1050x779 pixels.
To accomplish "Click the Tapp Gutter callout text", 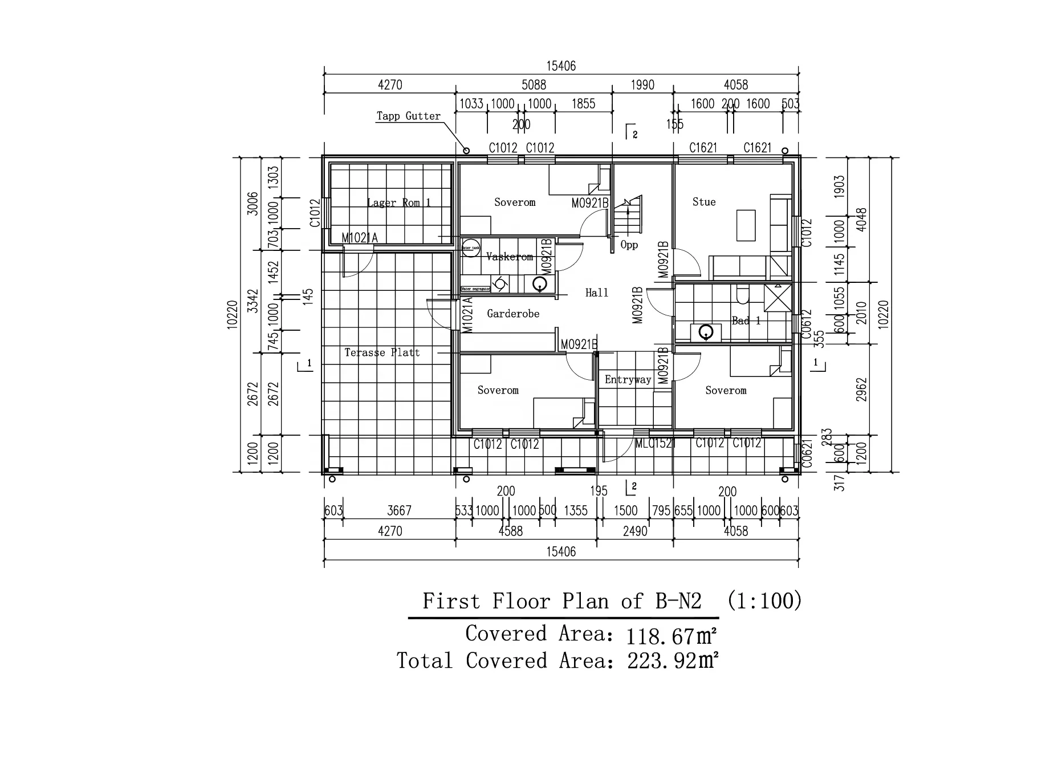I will tap(408, 116).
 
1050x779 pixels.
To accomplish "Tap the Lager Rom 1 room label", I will tap(399, 202).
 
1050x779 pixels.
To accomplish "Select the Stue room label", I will tap(704, 202).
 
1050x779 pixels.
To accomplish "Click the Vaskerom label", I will tap(510, 257).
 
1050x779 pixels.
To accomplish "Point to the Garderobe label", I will tap(513, 314).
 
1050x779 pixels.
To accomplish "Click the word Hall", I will tap(597, 293).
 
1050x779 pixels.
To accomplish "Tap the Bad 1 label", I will tap(746, 320).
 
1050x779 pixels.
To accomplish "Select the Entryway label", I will tap(628, 380).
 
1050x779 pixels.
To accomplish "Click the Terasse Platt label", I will tap(382, 352).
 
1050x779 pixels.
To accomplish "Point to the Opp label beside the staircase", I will tap(629, 245).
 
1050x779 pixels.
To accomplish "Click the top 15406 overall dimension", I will tap(561, 66).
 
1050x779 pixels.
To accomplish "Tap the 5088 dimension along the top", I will tap(534, 85).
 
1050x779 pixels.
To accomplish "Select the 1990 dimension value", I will tap(642, 85).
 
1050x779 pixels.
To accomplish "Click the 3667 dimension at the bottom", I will tap(399, 510).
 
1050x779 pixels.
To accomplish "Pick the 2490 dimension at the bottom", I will tap(635, 531).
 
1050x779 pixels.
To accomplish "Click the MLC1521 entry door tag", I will tap(655, 443).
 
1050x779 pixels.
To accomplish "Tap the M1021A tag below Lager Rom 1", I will tap(359, 238).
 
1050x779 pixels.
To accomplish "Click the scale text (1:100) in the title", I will tap(764, 601).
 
